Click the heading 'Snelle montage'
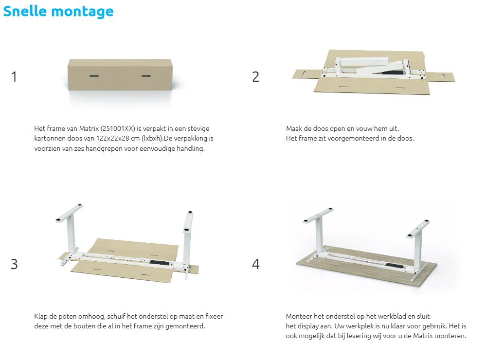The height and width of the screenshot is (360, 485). (x=58, y=12)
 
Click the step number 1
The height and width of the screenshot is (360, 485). (x=14, y=77)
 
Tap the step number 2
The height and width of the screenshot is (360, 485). (x=255, y=77)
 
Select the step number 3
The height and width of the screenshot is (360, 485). (x=14, y=264)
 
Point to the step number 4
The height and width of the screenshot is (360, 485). (x=256, y=264)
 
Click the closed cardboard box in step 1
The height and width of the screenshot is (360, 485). (x=120, y=75)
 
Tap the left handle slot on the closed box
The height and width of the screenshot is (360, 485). (x=94, y=76)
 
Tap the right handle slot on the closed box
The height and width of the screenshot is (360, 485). (x=146, y=76)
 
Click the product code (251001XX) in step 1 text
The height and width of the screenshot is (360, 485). (x=118, y=128)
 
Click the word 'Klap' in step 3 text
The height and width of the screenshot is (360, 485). (x=41, y=316)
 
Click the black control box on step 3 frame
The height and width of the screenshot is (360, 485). (x=160, y=263)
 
